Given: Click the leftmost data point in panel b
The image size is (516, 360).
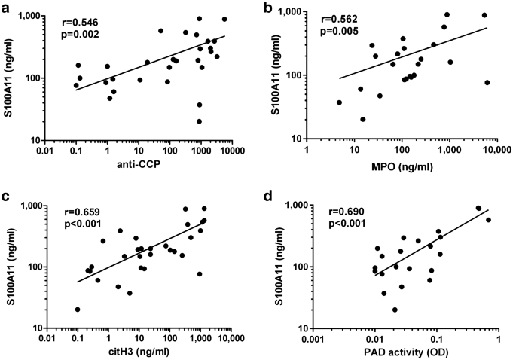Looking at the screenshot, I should [339, 102].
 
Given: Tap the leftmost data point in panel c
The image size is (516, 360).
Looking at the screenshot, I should [78, 310].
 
